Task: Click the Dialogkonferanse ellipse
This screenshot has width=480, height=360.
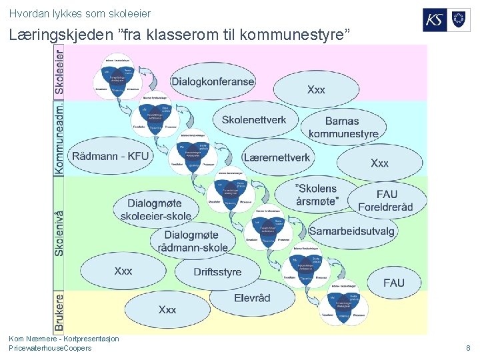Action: [213, 82]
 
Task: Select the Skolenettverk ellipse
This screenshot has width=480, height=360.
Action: [254, 120]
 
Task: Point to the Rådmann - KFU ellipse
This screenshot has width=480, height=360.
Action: [111, 157]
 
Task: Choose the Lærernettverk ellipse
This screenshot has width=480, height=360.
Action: [277, 158]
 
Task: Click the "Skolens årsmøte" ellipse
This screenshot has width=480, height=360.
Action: [317, 194]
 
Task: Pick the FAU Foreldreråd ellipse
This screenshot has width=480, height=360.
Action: [386, 200]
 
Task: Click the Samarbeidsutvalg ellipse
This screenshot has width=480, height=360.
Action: [351, 231]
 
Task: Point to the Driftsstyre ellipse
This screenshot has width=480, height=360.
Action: [217, 271]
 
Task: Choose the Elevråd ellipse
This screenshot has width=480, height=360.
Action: [252, 297]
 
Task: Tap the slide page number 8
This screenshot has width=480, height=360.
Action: [468, 348]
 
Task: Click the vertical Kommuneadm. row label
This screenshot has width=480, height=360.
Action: [60, 138]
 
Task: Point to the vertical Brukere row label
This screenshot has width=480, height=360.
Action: [60, 312]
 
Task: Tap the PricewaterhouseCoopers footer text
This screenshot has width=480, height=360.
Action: [50, 348]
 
